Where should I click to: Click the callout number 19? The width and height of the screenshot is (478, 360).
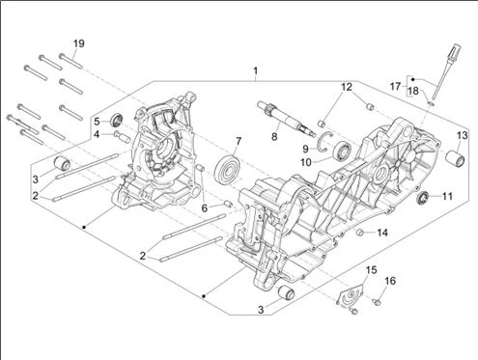pos(79,43)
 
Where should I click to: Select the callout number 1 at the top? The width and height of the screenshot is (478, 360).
pos(256,70)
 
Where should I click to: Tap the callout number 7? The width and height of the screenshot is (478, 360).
pos(239,141)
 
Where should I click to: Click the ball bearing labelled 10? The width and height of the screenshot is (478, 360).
pos(343,151)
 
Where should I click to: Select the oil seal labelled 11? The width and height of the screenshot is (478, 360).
pos(423,197)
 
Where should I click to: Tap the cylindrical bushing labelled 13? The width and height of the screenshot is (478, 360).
pos(455,158)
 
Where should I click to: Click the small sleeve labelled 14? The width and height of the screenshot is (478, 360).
pos(361,232)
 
